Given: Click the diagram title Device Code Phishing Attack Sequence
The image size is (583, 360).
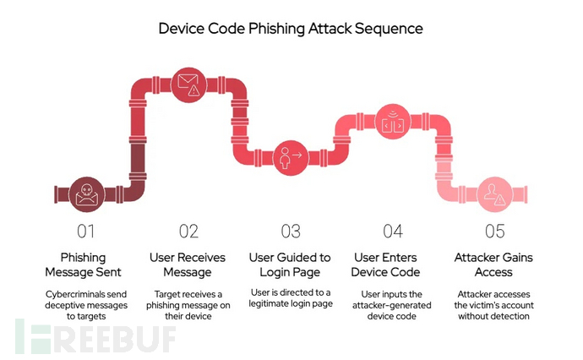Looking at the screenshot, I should pos(291,28).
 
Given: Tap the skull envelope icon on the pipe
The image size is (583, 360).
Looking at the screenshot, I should pos(84,194).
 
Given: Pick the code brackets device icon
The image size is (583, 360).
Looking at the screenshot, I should pos(391,121).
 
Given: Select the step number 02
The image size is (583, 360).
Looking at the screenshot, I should pos(188,230).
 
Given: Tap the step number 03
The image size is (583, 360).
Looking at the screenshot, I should pos(291,230).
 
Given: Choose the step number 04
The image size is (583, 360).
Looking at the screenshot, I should pos(393,230).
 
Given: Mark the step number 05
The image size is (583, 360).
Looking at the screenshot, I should pos(496,230).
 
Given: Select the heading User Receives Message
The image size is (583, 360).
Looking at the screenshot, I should pos(188,265).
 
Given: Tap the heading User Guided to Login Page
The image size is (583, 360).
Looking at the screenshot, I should pos(291,265).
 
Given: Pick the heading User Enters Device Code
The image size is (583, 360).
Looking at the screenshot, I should pos(393,265).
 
